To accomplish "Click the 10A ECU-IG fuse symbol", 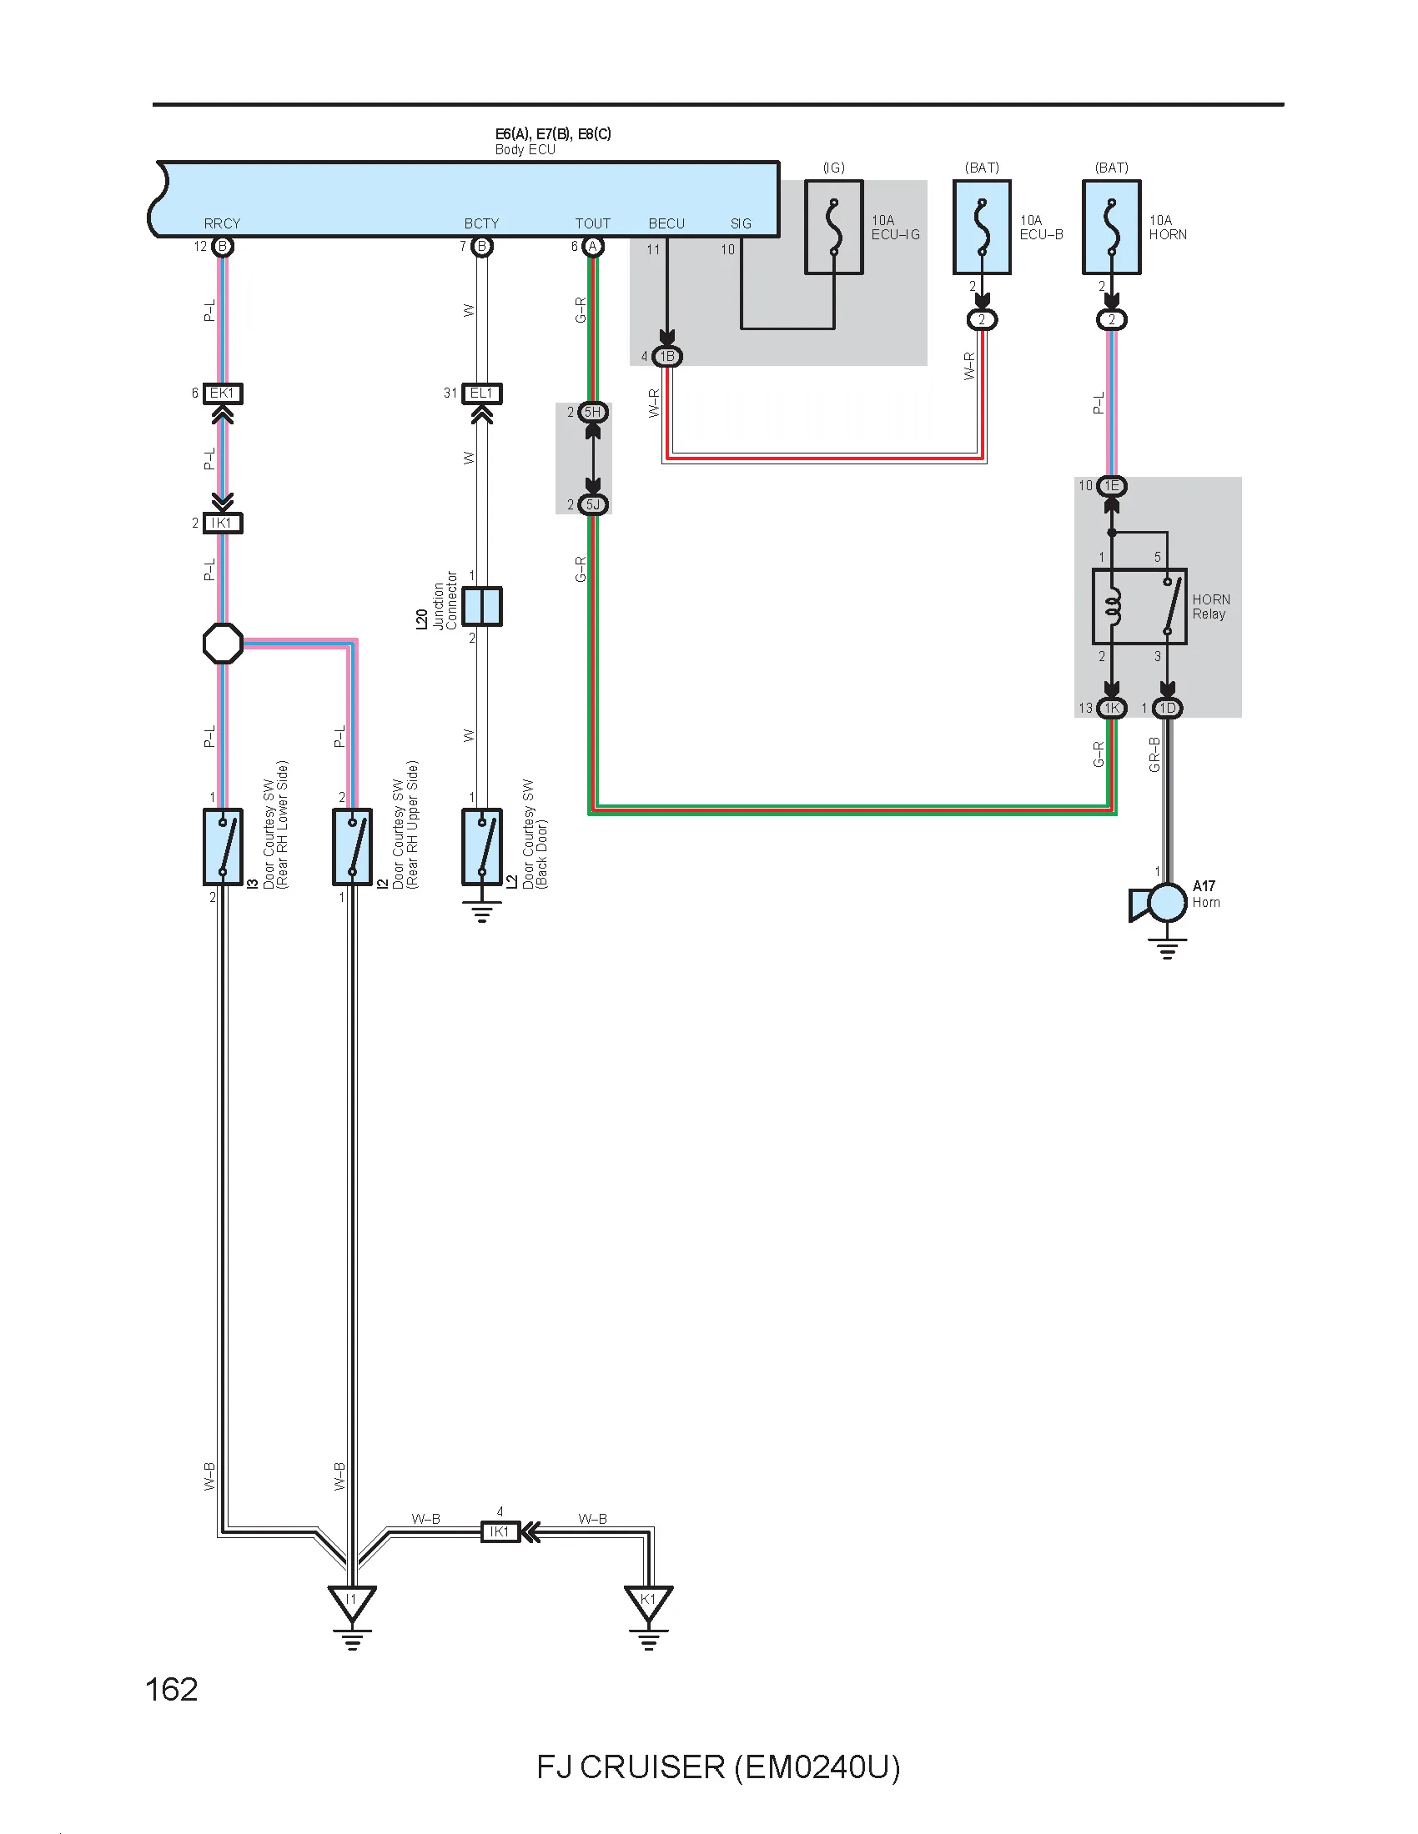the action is coord(833,227).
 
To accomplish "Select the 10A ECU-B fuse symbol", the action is coord(981,227).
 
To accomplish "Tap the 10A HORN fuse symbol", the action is coord(1111,227).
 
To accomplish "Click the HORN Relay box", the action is coord(1139,607).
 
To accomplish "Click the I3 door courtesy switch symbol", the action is coord(223,846).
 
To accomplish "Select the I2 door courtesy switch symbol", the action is coord(353,846).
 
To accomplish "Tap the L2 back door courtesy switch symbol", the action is coord(482,846).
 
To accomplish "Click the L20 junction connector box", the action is coord(482,606).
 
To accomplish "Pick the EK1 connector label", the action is coord(223,393).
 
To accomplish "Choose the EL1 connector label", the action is coord(482,393).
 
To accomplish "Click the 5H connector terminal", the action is coord(593,412).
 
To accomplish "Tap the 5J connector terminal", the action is coord(593,504).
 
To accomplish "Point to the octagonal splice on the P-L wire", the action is coord(224,644).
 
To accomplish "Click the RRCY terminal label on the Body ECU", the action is coord(222,223).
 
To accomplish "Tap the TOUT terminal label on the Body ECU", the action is coord(593,223).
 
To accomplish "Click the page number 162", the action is coord(172,1690).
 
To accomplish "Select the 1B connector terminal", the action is coord(667,356).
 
